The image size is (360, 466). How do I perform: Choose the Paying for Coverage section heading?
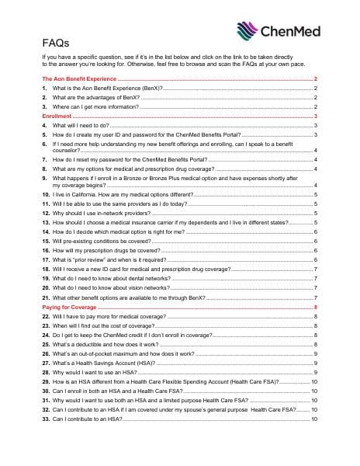click(x=70, y=308)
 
